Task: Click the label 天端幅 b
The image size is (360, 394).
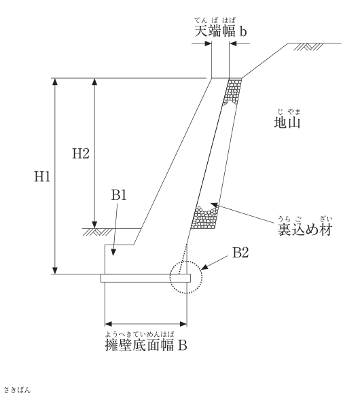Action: [221, 31]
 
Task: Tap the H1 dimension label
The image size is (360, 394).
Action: [42, 177]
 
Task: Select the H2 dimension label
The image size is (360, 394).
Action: [81, 154]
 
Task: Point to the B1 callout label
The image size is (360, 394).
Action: [119, 195]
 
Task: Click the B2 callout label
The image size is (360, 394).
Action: [240, 253]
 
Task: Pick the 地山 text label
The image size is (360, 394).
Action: [287, 122]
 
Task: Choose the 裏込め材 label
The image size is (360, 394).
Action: [305, 230]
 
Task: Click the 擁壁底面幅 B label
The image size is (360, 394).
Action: [146, 345]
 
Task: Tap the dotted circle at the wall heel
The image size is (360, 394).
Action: [185, 262]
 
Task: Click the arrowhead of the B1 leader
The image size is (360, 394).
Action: [113, 253]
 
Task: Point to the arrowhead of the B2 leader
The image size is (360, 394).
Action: [204, 267]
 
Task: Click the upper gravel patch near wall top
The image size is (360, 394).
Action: [232, 92]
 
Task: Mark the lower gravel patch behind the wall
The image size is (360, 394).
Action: [204, 217]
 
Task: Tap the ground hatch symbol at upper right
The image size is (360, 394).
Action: [308, 47]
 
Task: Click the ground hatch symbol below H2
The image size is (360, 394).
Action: [96, 232]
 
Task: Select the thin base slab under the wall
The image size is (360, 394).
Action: [146, 278]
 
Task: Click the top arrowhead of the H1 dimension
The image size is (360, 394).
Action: [55, 82]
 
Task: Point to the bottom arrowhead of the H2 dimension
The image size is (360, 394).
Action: [94, 225]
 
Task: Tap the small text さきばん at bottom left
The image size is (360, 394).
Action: [17, 390]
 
